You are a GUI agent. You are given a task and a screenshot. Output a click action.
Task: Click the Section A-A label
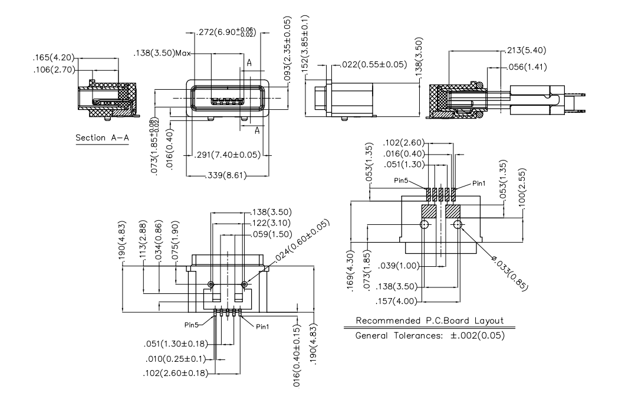tap(102, 138)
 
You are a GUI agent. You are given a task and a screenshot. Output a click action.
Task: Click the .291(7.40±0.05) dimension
tap(228, 155)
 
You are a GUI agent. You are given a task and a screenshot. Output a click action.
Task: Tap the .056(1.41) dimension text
tap(526, 67)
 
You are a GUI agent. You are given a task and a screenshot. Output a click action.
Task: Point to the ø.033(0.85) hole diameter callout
tap(508, 272)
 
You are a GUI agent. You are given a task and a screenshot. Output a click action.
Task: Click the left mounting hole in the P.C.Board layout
tap(424, 225)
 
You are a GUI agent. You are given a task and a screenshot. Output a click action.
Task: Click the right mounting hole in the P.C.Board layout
tap(457, 225)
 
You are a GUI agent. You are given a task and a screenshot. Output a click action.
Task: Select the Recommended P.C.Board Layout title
tap(429, 321)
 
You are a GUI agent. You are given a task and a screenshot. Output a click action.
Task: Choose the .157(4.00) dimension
tap(397, 301)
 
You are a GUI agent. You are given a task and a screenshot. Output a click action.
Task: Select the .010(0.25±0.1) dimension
tap(176, 358)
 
